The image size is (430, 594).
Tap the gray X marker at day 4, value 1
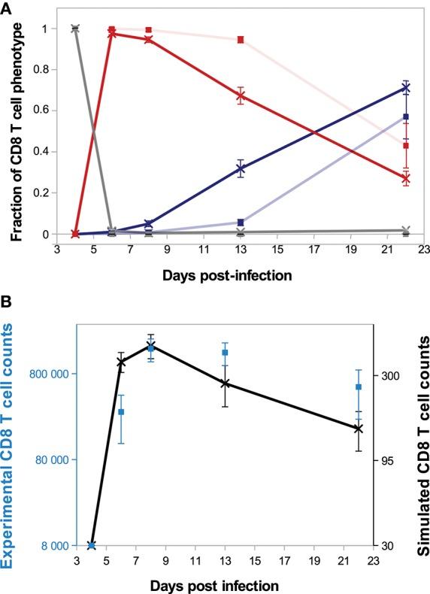tap(74, 29)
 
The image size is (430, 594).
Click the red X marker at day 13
tap(241, 96)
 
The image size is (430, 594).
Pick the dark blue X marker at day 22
tap(406, 88)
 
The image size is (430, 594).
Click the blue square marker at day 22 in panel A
tap(406, 117)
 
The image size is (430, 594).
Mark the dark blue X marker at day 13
tap(241, 169)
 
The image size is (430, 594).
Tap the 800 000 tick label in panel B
tap(50, 374)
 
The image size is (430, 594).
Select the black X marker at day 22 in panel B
tap(359, 429)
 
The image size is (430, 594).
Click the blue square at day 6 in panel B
tap(121, 411)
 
